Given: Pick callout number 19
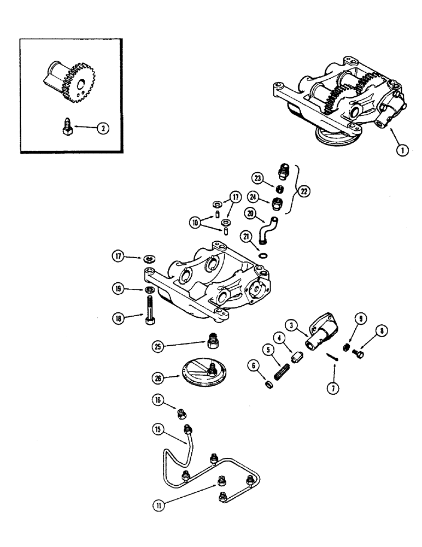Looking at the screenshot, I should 119,290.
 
